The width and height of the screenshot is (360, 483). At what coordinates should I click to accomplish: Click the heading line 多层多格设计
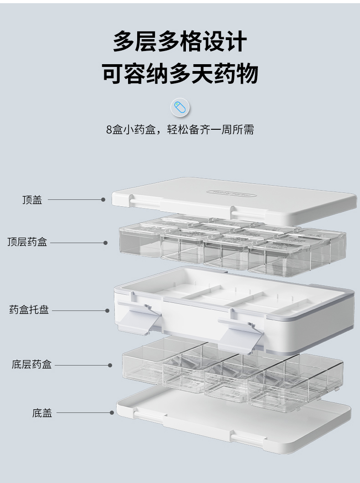180,42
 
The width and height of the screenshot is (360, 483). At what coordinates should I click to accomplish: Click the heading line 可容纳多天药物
180,74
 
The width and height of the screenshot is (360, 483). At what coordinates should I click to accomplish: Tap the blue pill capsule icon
180,108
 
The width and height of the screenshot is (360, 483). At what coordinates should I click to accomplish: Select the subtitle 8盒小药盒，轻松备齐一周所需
180,130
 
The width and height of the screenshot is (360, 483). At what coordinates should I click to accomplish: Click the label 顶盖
32,200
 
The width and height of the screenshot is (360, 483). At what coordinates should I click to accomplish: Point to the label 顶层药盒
27,242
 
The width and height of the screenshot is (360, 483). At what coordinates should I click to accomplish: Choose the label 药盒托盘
29,310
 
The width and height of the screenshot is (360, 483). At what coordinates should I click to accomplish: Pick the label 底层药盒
31,365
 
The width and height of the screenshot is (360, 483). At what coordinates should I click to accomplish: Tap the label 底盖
42,413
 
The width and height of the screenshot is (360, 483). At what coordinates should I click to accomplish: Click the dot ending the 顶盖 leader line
103,199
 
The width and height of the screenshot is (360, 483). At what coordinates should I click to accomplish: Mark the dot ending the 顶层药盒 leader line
105,243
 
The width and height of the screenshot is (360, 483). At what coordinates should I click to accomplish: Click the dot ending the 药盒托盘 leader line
108,311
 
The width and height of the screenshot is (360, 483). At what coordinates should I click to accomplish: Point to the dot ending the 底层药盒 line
110,365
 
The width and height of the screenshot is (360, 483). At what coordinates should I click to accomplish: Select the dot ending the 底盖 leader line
112,413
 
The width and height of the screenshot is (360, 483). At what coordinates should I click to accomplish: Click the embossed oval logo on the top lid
231,193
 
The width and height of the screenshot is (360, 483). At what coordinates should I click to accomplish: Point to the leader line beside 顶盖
75,199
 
